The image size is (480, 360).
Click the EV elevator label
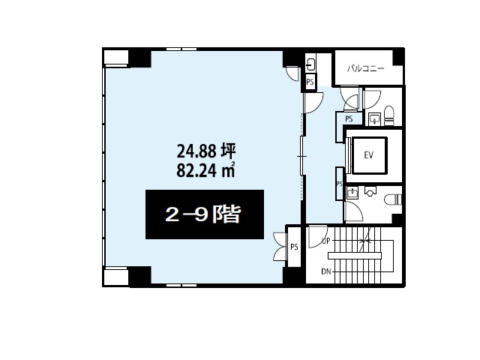click(369, 155)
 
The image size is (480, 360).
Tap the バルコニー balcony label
click(366, 68)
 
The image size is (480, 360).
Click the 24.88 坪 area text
click(206, 151)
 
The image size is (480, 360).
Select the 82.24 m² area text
click(205, 170)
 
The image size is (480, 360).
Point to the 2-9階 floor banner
click(205, 214)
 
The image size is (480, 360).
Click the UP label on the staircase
click(325, 241)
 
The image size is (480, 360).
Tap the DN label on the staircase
click(326, 271)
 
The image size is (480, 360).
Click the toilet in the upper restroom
click(389, 115)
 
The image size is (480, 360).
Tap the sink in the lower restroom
click(352, 193)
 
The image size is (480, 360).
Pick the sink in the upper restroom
click(375, 118)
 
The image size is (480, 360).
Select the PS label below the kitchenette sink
click(310, 82)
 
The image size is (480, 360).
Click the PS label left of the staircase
click(294, 247)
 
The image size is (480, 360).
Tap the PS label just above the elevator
click(349, 118)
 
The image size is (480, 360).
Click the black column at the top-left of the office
click(140, 58)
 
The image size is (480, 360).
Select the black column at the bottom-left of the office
click(140, 276)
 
